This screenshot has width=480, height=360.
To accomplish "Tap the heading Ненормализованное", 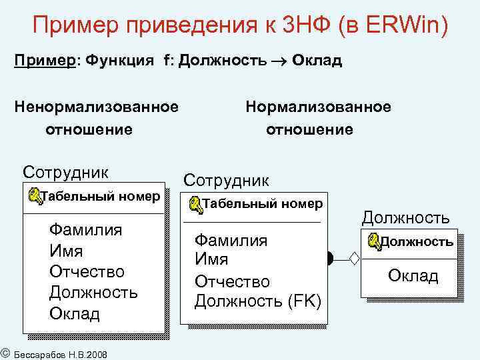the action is [97, 107].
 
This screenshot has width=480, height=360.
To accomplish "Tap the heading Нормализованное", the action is [319, 107].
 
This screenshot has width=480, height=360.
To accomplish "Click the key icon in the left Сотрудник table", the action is [35, 197].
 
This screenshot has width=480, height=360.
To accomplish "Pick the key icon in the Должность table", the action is [373, 241].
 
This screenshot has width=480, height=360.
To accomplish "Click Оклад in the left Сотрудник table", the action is [75, 313].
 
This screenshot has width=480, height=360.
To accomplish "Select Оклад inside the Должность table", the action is [413, 276].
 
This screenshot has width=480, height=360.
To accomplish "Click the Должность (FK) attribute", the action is [257, 301].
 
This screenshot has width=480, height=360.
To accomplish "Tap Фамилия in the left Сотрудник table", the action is [85, 230].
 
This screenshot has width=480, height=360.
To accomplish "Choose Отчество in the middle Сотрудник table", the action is [232, 281].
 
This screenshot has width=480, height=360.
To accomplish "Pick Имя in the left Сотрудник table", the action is [66, 251].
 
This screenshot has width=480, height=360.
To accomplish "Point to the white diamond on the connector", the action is [354, 257].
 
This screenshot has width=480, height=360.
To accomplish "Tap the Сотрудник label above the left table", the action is [65, 172].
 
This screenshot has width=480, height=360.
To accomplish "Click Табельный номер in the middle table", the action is [262, 203].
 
